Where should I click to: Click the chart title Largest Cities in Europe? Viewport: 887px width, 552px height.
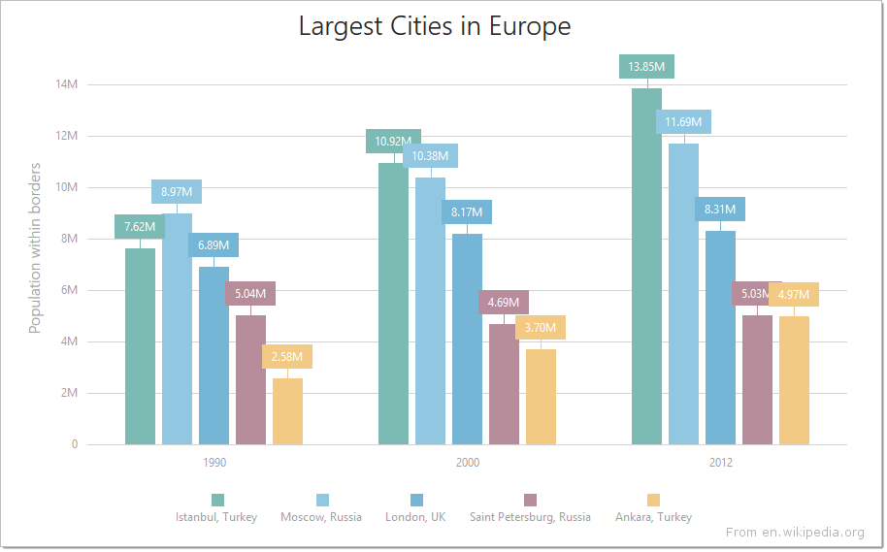coord(434,26)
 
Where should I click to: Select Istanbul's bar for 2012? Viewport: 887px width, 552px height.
coord(646,267)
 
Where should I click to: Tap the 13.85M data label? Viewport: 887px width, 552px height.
coord(646,67)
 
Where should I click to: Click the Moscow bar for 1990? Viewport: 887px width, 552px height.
coord(177,329)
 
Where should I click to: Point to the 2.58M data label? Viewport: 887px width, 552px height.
coord(287,357)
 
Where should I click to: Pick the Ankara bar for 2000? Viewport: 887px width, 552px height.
coord(541,397)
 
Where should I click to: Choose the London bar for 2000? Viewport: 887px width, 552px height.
coord(467,340)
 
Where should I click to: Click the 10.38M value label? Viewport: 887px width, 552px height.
coord(430,156)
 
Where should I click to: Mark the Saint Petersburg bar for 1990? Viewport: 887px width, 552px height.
coord(250,380)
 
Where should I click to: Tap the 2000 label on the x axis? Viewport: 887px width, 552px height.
coord(467,463)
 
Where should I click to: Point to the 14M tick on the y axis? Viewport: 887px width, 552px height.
coord(67,84)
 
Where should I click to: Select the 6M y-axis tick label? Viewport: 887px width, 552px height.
coord(70,290)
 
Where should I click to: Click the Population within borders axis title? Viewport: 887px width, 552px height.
coord(35,248)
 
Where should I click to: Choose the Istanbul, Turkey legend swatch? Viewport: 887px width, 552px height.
coord(217,500)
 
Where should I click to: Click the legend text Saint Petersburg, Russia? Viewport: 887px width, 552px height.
coord(530,517)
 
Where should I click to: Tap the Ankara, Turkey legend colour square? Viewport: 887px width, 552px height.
coord(654,500)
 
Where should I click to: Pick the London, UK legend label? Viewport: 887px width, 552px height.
coord(415,517)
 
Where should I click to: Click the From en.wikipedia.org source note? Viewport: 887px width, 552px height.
coord(794,532)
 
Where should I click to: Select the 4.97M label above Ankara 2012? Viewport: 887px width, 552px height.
coord(793,295)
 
